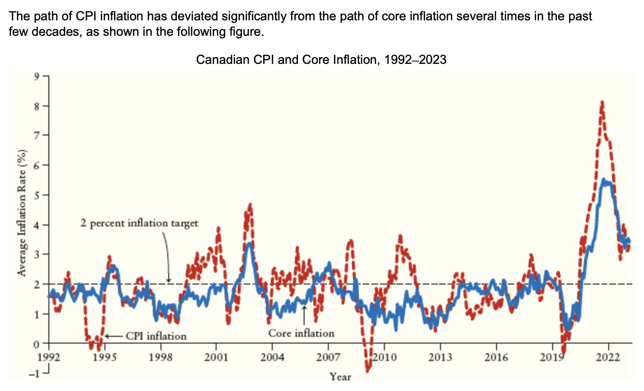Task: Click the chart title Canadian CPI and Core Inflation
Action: point(321,60)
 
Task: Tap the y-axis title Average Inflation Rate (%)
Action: point(22,213)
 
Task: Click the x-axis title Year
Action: point(340,376)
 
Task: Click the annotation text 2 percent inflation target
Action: point(139,224)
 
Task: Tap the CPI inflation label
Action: point(156,335)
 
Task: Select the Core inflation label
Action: point(301,333)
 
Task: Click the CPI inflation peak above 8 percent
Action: point(602,103)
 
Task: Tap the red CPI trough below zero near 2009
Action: point(367,370)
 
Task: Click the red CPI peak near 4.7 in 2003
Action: point(250,205)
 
